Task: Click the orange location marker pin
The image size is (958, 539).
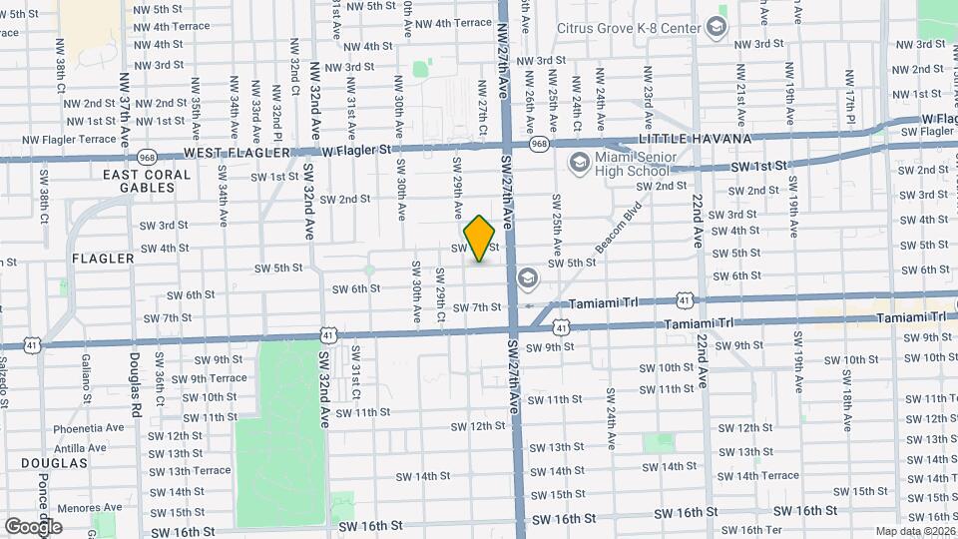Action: [x=480, y=238]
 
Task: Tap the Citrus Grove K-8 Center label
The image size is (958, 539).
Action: [x=628, y=28]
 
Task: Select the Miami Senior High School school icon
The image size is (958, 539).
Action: [x=578, y=162]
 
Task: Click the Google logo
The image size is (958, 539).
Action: [x=33, y=526]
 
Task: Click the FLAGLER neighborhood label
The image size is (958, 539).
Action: [x=103, y=259]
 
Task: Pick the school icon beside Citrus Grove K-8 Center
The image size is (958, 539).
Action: [x=717, y=26]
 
